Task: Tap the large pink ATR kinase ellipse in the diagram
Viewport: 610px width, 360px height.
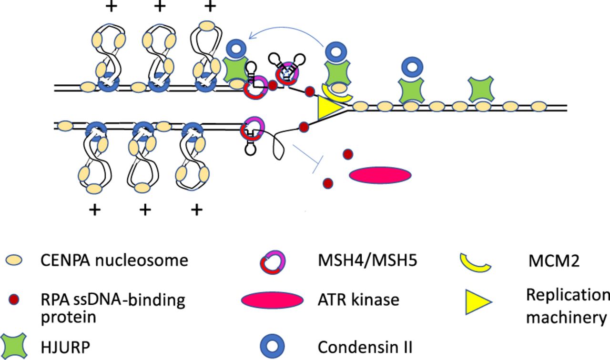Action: coord(380,175)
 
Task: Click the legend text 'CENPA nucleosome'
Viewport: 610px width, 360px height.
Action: coord(114,260)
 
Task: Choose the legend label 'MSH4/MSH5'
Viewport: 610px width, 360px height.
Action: coord(367,260)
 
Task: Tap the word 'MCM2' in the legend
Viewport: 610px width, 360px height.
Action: coord(554,261)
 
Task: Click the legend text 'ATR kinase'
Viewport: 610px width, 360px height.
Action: coord(358,300)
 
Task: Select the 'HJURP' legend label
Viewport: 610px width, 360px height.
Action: coord(65,347)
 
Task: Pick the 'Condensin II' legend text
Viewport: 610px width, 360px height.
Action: coord(365,347)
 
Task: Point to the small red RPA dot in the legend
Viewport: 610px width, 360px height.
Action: coord(14,300)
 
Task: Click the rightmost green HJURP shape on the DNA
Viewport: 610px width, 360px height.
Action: coord(481,89)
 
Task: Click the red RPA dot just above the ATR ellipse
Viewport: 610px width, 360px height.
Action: coord(348,154)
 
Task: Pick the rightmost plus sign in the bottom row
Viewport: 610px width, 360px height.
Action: coord(197,210)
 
